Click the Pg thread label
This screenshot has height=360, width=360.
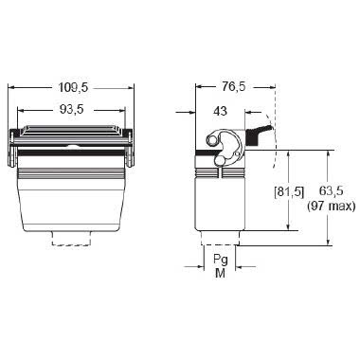coord(220,258)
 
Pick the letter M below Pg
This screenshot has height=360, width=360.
coord(220,274)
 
